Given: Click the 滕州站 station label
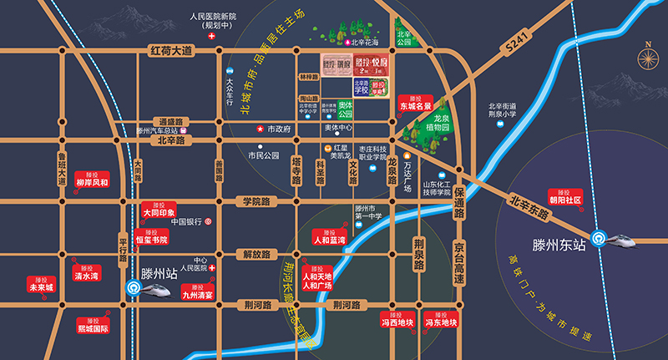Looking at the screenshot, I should click(x=159, y=272).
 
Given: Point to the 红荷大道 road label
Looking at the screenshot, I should click(x=170, y=52).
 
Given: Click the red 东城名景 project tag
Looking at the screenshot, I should click(x=415, y=103).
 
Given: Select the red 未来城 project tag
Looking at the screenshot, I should click(x=41, y=283).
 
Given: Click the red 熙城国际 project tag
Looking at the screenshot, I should click(x=93, y=325).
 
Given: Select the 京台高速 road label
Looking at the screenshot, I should click(x=458, y=258).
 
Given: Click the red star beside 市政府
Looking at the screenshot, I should click(x=261, y=129).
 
